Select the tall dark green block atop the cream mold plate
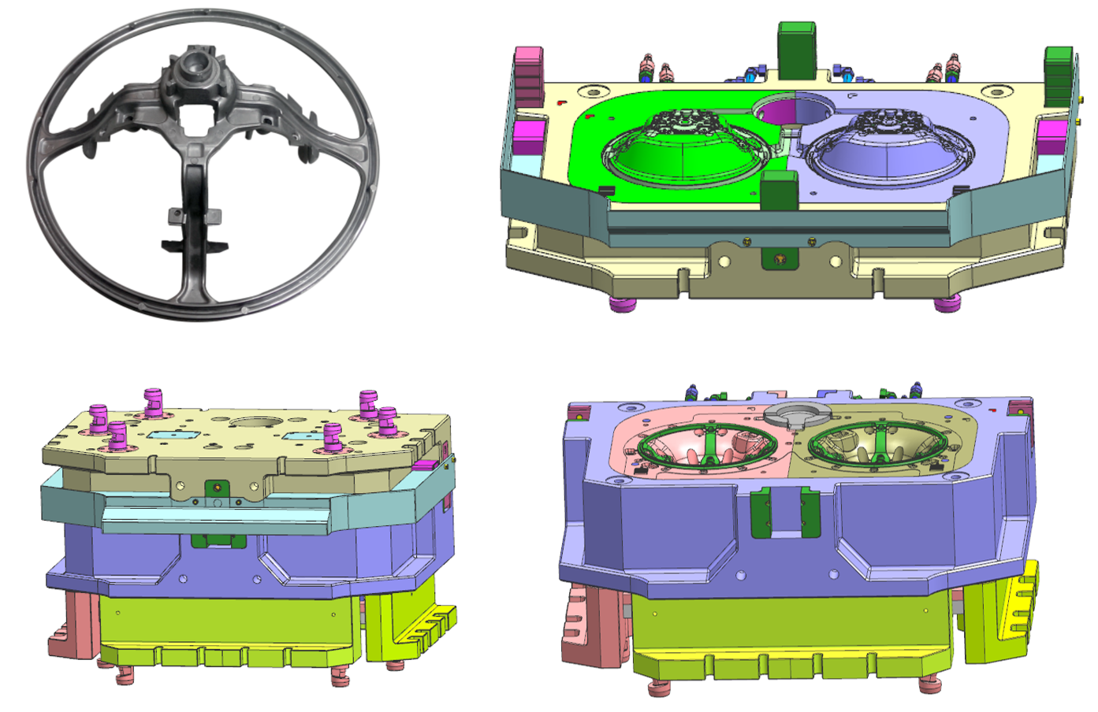[x=796, y=49]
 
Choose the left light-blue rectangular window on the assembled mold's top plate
[x=169, y=435]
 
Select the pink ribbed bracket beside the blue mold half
[x=583, y=622]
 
